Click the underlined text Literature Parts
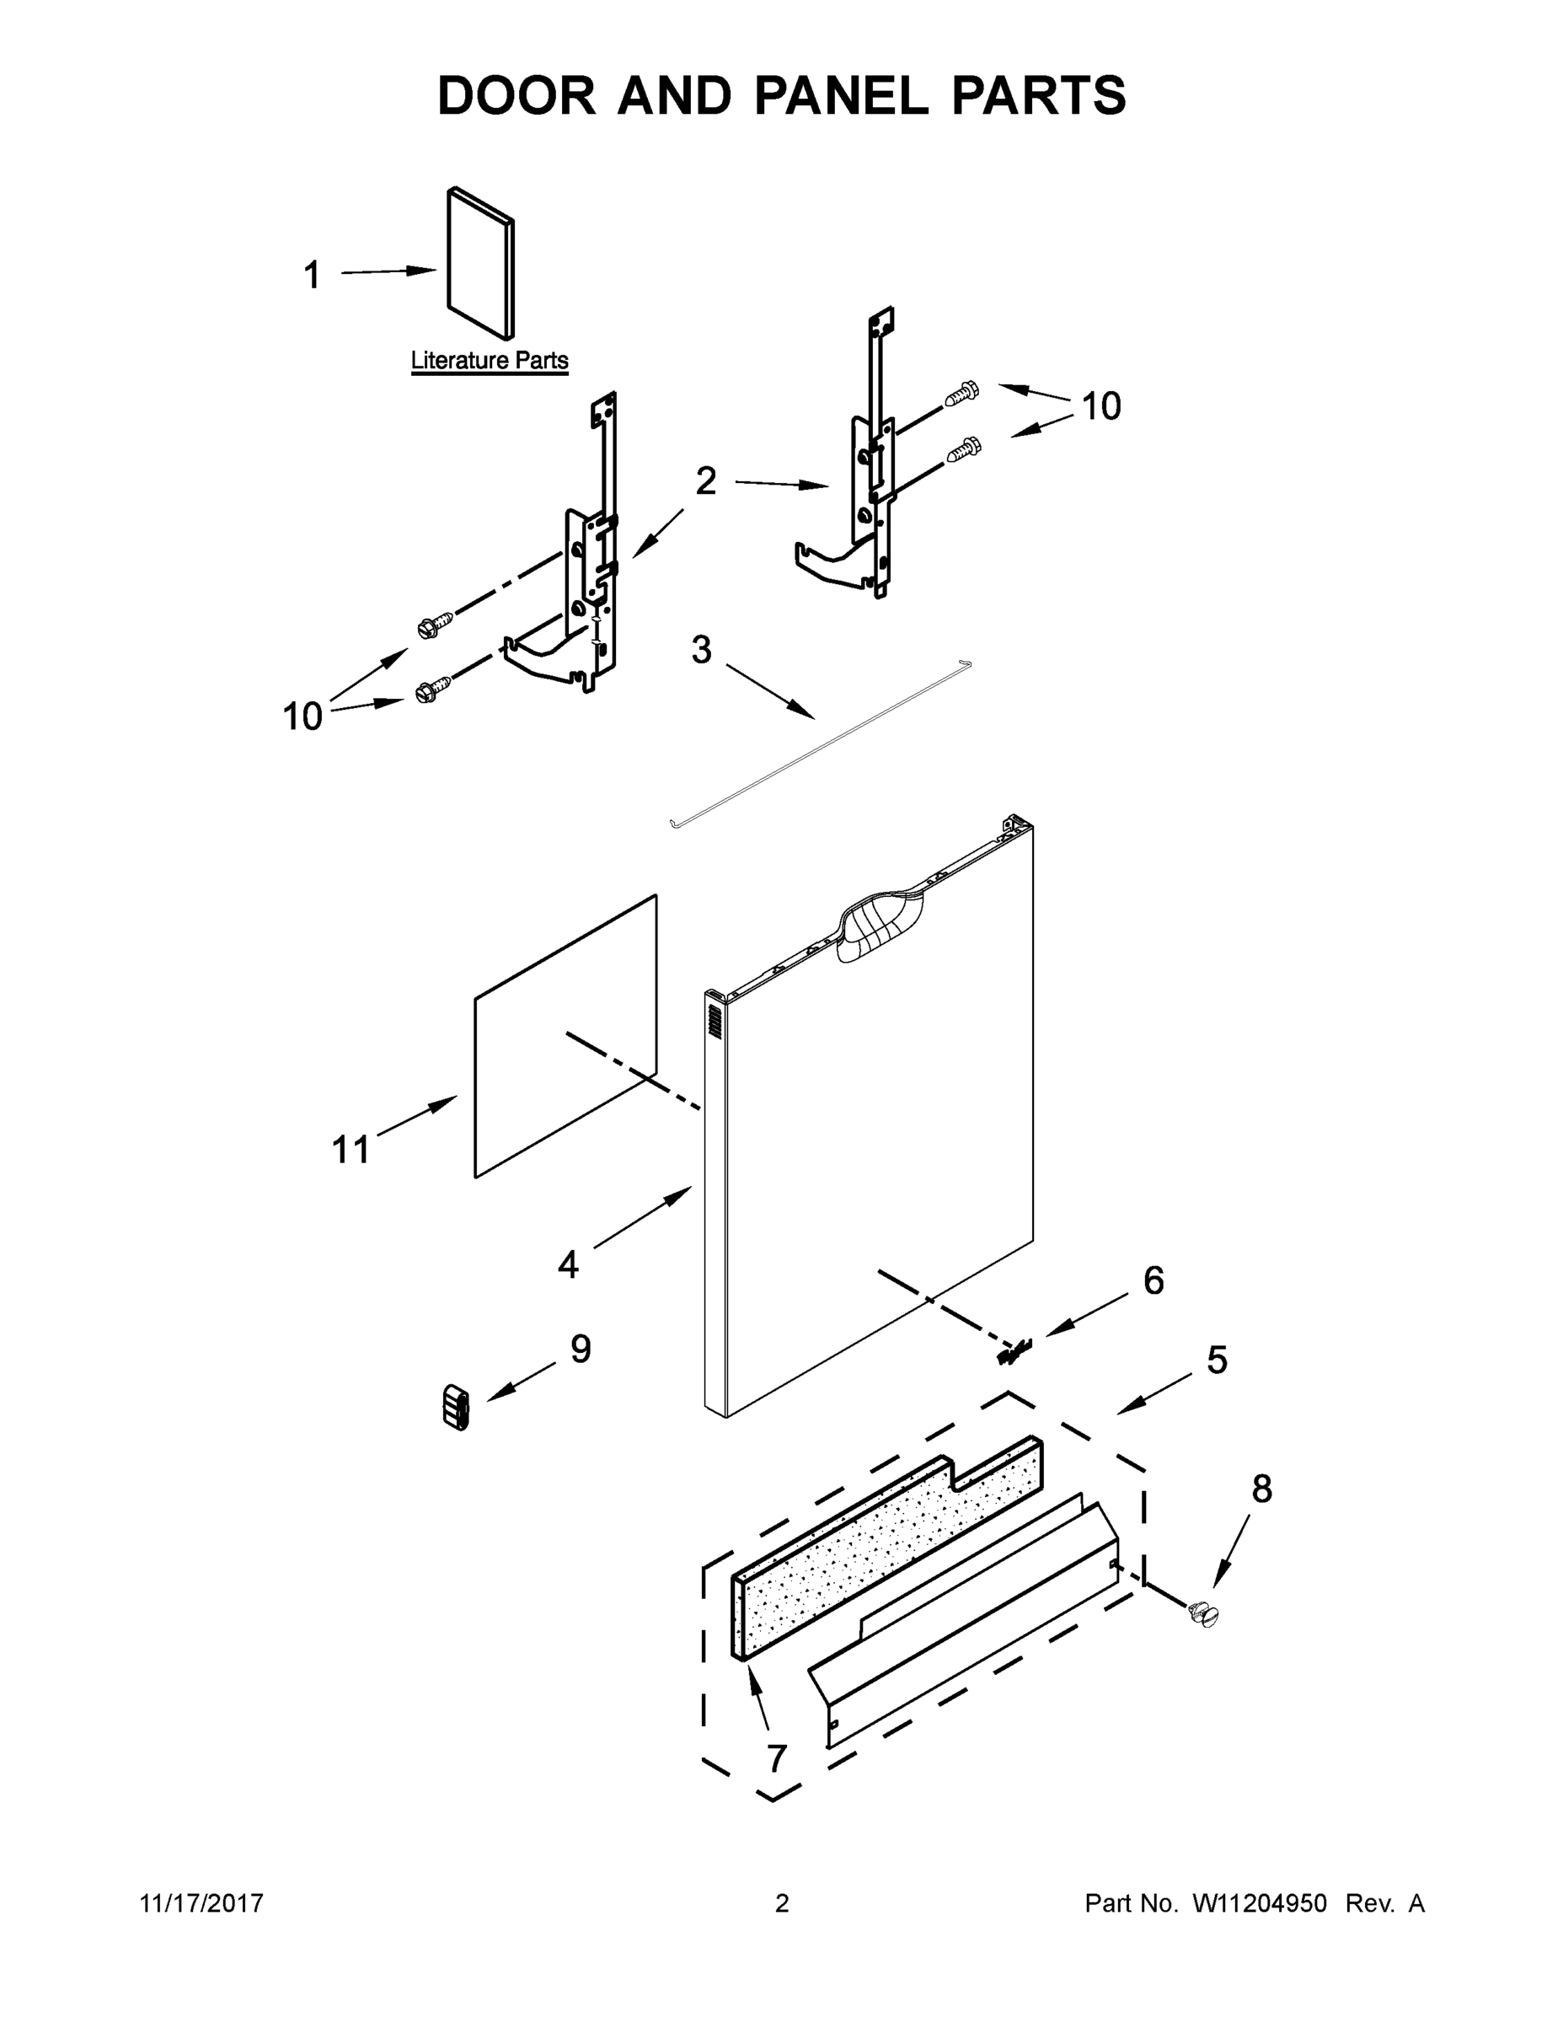point(489,360)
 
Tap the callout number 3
point(701,650)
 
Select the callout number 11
point(351,1150)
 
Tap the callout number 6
point(1153,1280)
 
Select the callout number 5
point(1217,1360)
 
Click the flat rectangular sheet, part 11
point(565,1038)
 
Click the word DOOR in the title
point(517,96)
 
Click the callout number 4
point(568,1264)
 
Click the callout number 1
point(312,275)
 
